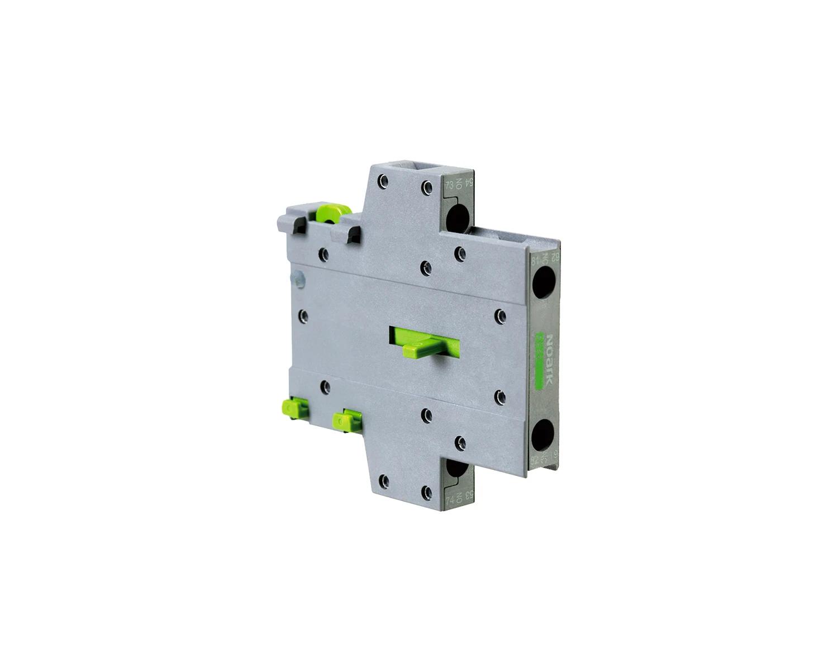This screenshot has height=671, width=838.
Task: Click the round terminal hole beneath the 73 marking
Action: pos(458,216)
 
